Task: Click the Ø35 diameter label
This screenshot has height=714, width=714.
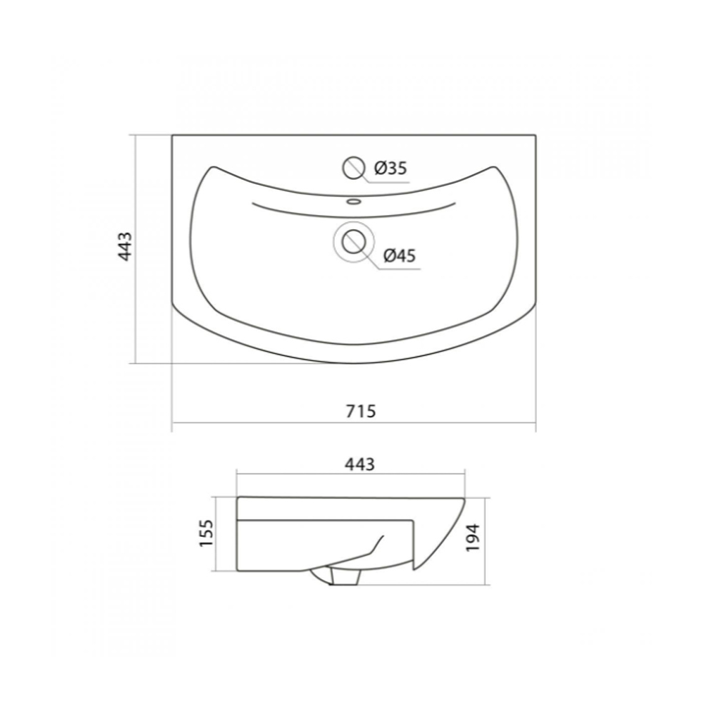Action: pyautogui.click(x=391, y=169)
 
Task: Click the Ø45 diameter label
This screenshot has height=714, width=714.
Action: pyautogui.click(x=400, y=256)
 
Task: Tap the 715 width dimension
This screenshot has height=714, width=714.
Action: pyautogui.click(x=361, y=411)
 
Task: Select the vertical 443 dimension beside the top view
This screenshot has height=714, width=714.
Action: pyautogui.click(x=125, y=246)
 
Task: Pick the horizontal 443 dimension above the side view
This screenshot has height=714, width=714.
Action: pyautogui.click(x=360, y=464)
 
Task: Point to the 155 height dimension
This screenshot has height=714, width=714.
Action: pyautogui.click(x=206, y=533)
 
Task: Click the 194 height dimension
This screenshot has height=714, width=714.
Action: pyautogui.click(x=473, y=538)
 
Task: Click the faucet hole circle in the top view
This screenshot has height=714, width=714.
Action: pyautogui.click(x=353, y=168)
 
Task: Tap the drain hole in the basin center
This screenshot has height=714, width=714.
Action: pyautogui.click(x=353, y=242)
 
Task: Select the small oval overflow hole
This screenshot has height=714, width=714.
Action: pyautogui.click(x=353, y=201)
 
